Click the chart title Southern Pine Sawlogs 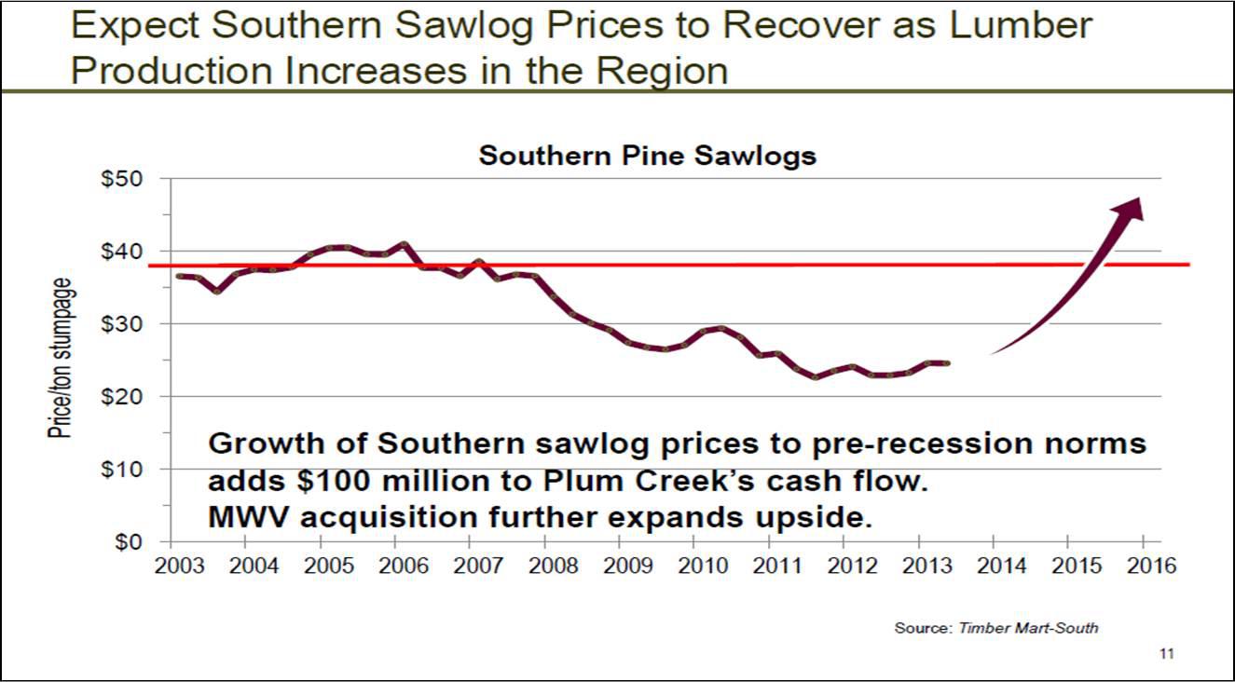coord(647,156)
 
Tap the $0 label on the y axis coord(129,542)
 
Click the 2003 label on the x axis coord(172,566)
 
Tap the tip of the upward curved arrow coord(1139,199)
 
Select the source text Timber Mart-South coord(1028,628)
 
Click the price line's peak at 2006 coord(404,245)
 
